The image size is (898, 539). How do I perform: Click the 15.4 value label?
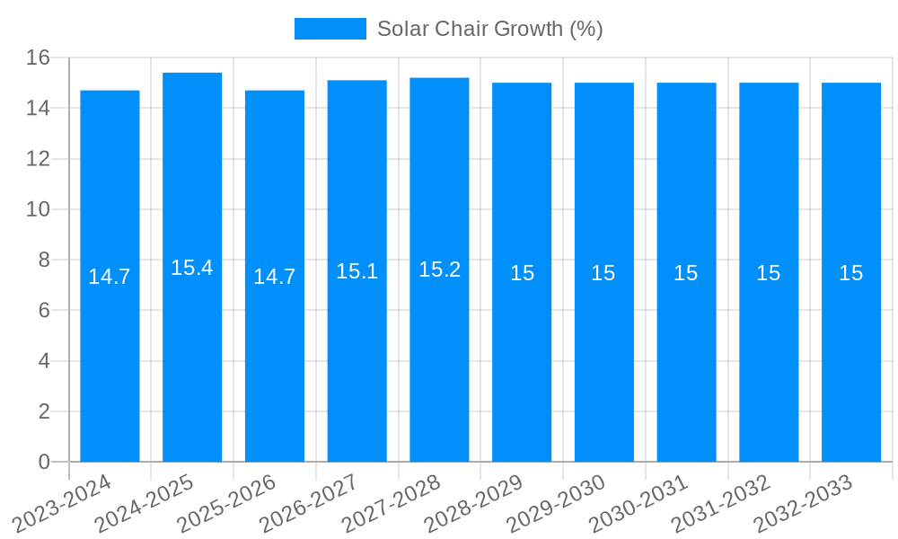click(x=192, y=268)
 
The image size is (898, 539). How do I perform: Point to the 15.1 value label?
click(x=357, y=271)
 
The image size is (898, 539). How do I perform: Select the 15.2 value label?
click(x=440, y=269)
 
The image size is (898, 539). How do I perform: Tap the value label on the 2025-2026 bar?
click(x=275, y=277)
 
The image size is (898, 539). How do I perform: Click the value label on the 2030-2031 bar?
click(x=686, y=273)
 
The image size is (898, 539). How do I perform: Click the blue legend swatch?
click(x=330, y=29)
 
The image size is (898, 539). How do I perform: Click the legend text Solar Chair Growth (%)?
click(x=489, y=29)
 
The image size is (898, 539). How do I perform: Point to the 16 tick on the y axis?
click(x=38, y=57)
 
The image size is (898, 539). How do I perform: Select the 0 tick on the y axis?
click(x=44, y=462)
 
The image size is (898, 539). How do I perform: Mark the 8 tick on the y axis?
click(x=44, y=260)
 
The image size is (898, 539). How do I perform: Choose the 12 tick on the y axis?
click(x=38, y=159)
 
